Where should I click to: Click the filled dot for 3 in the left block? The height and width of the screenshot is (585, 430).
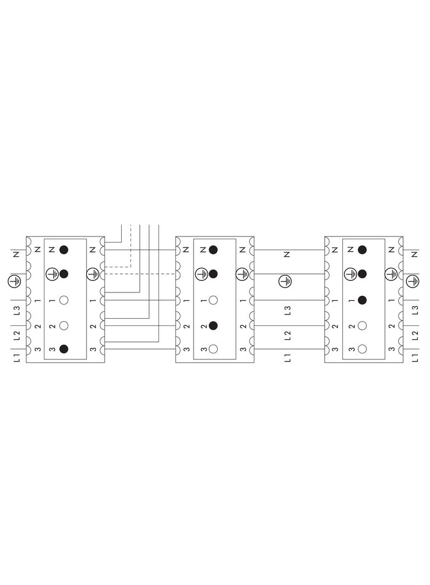click(64, 348)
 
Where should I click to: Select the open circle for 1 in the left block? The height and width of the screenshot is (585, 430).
click(64, 300)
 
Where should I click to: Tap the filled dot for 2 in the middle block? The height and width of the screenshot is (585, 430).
click(213, 325)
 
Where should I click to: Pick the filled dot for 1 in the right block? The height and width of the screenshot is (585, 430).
click(362, 300)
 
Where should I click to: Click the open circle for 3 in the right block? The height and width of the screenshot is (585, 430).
click(362, 348)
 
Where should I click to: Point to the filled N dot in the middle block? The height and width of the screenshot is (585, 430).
click(213, 250)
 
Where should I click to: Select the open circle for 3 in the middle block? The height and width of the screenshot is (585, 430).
click(213, 348)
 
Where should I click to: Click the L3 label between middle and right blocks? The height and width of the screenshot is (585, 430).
click(287, 310)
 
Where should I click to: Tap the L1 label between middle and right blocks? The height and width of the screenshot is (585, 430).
click(287, 358)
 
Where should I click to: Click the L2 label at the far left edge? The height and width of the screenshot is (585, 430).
click(16, 334)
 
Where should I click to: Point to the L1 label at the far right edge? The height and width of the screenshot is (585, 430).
click(415, 358)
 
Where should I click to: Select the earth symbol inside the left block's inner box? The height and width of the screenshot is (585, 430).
click(52, 273)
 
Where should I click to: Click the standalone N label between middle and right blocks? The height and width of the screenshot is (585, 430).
click(287, 255)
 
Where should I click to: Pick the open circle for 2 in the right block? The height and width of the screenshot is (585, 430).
click(362, 325)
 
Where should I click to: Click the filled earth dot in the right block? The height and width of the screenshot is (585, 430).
click(362, 273)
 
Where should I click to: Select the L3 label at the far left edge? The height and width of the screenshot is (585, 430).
click(16, 310)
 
